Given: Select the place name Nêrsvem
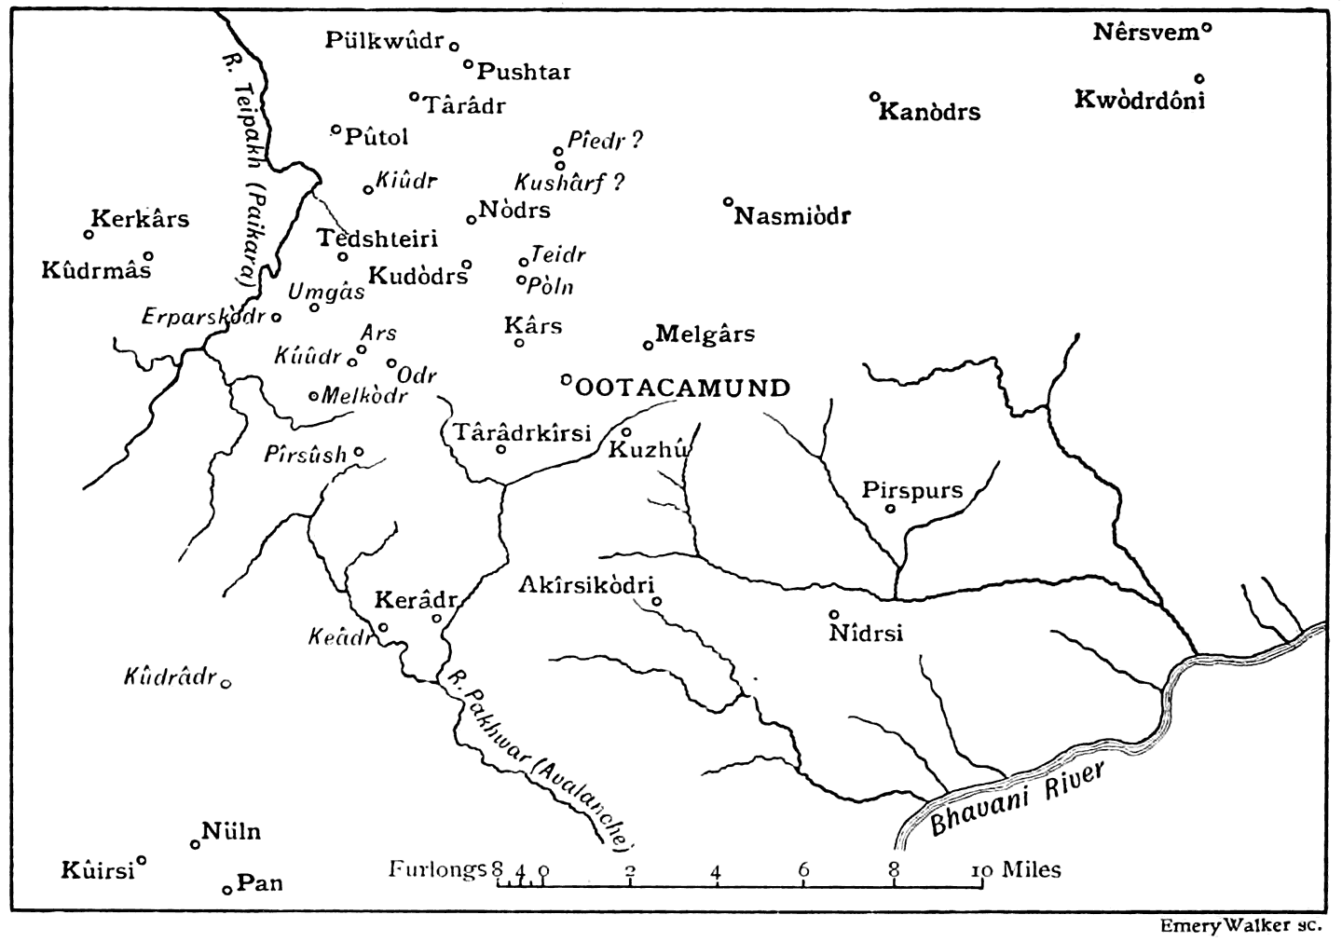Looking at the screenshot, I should tap(1144, 33).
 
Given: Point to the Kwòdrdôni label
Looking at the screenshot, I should tap(1139, 100).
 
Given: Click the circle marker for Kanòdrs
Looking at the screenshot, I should tap(874, 96).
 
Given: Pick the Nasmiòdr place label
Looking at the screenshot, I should tap(792, 217).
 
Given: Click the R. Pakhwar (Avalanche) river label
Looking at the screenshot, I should tap(539, 757).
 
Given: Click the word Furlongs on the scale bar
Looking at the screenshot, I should tap(438, 869).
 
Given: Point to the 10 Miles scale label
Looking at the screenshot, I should tap(1019, 869).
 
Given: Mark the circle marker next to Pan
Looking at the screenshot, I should tap(226, 890).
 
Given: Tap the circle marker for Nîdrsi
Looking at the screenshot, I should tap(834, 615).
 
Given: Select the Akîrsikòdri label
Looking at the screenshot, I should tap(586, 585).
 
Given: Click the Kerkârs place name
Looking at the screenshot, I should tap(141, 219).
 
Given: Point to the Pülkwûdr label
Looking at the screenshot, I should tap(385, 40).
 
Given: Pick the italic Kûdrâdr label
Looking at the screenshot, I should tap(170, 676).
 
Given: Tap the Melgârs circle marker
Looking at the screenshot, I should tap(649, 345).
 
